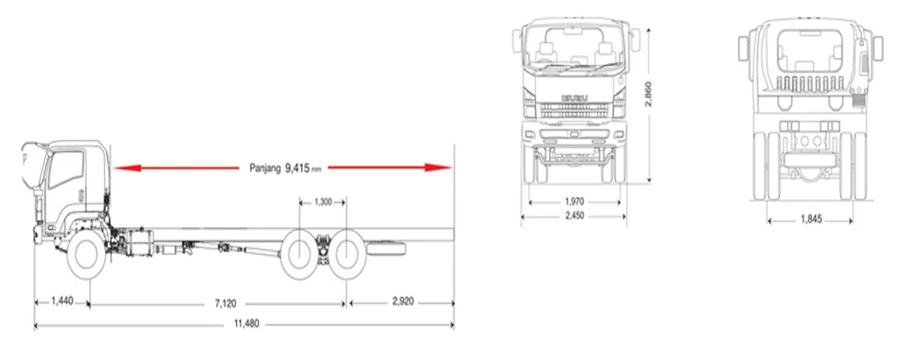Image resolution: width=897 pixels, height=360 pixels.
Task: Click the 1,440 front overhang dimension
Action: [62, 301]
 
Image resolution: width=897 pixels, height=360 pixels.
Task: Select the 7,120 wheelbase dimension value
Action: [226, 303]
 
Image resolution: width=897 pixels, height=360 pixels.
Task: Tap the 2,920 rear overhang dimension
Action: [403, 301]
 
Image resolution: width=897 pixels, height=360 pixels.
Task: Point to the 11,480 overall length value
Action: [246, 324]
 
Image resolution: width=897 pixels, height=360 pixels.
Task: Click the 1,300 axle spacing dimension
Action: [323, 202]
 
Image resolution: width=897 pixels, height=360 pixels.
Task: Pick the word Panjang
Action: [265, 168]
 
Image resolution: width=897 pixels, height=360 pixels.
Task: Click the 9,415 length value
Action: [297, 168]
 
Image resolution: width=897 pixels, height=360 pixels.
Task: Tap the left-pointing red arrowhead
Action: [127, 168]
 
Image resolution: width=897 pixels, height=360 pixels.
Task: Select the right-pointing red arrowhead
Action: [438, 168]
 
